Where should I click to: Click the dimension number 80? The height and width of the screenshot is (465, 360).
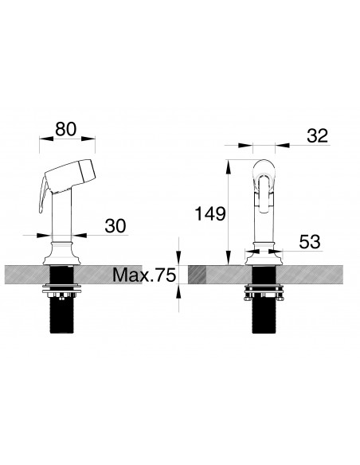point(65,129)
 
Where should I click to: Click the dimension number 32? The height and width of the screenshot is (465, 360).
point(318,136)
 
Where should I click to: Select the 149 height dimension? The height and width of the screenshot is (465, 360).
point(210,214)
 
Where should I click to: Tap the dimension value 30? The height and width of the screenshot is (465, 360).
point(115,226)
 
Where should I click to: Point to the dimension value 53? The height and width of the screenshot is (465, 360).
point(310,242)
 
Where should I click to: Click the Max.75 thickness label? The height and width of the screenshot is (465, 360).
point(144,275)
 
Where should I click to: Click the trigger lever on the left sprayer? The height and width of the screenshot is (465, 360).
point(44,194)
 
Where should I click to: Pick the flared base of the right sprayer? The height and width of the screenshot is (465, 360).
point(264,254)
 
